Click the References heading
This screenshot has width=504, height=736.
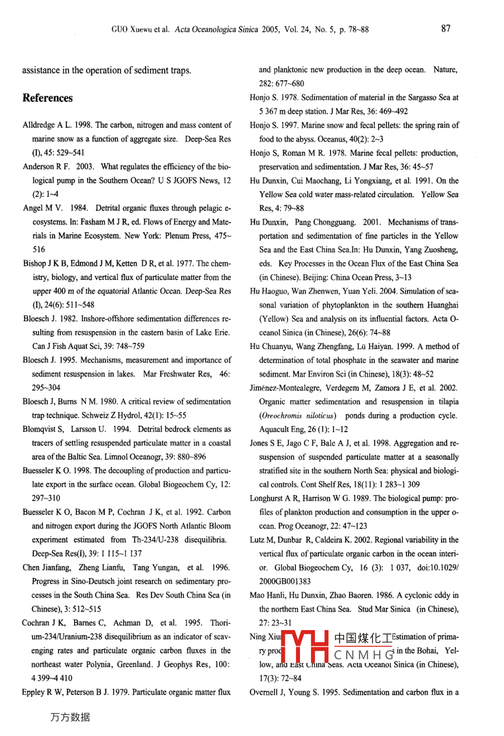tap(47, 98)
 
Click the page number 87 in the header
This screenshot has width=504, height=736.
tap(445, 29)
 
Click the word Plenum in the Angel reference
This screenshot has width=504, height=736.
tap(177, 236)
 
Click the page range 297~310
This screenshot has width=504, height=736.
tap(46, 498)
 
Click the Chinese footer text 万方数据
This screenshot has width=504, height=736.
tap(70, 718)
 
